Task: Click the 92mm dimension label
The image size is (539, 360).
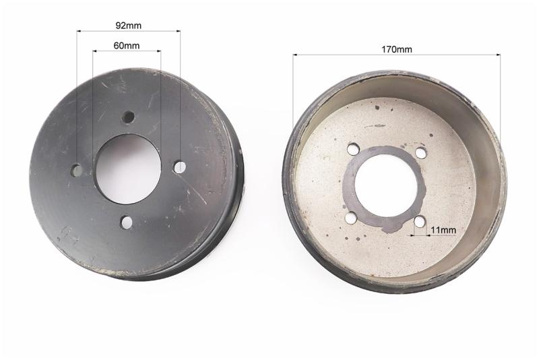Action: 128,26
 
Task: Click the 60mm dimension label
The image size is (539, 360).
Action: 127,45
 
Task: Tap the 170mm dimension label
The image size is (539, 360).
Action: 396,49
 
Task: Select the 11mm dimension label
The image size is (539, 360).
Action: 443,230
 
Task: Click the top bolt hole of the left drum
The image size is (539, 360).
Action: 129,117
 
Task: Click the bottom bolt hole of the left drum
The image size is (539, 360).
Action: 126,222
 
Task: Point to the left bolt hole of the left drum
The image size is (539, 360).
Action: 77,170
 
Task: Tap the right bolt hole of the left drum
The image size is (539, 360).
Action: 179,167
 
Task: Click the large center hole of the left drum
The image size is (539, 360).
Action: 128,169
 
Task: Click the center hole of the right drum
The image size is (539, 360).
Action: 386,188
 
